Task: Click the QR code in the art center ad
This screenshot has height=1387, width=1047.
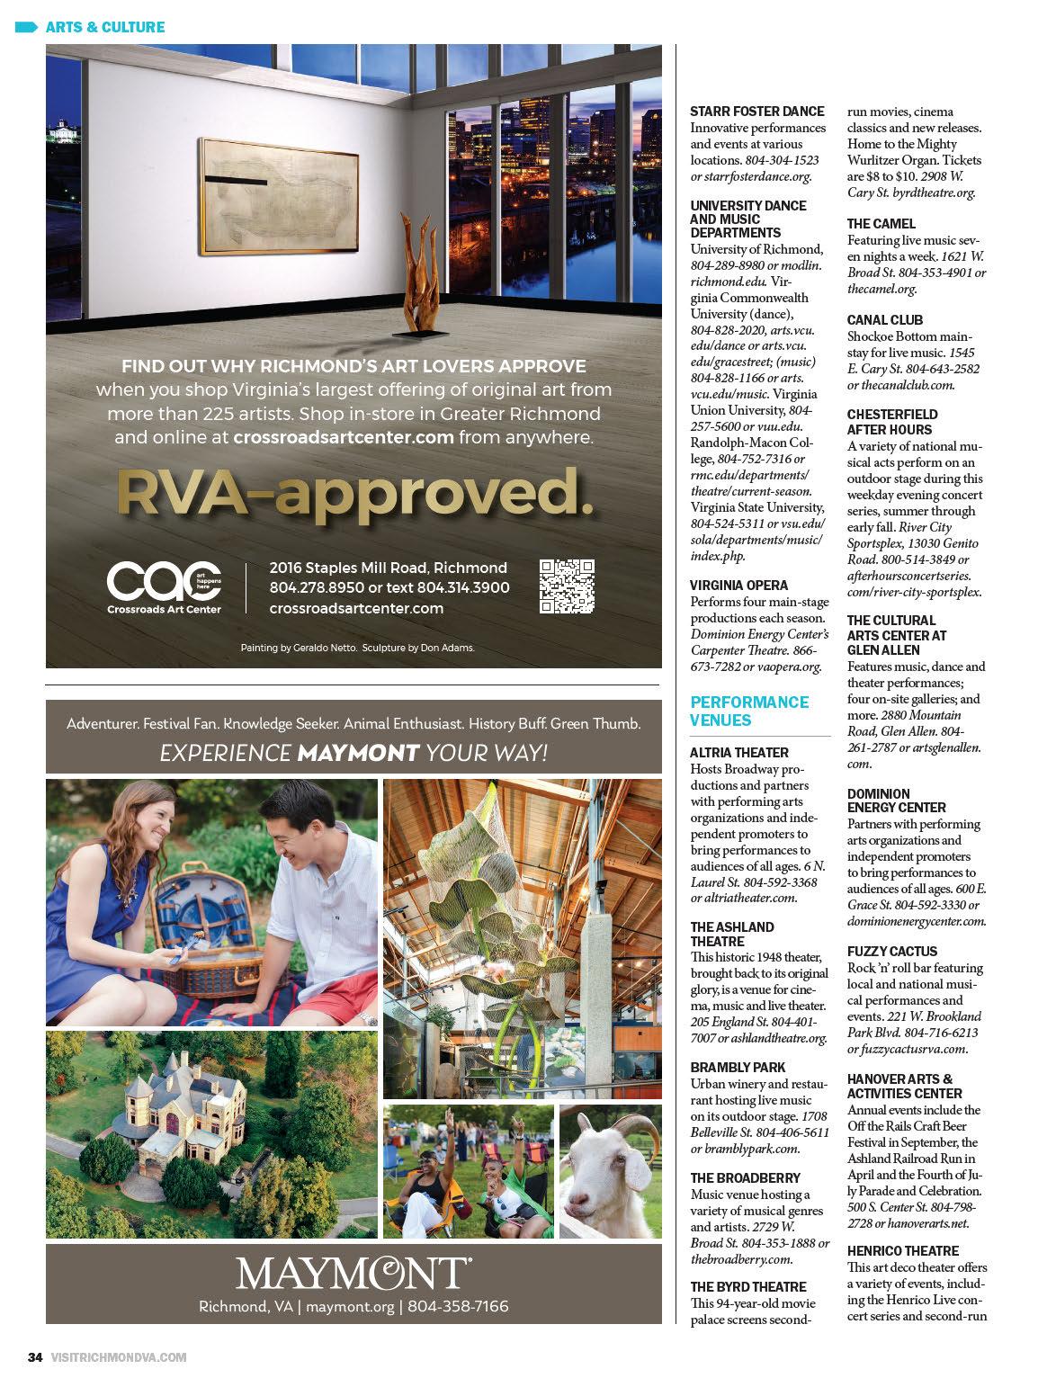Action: [568, 586]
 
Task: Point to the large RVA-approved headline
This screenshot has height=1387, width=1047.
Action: [355, 493]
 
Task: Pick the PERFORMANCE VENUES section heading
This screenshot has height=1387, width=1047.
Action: [749, 711]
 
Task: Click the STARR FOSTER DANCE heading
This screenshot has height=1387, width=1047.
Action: [757, 112]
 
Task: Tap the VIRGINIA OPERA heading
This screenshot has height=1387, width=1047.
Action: [738, 586]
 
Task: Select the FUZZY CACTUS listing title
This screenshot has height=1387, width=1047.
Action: [892, 952]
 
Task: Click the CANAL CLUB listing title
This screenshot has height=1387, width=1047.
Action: [885, 320]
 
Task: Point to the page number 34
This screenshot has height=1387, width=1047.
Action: [35, 1357]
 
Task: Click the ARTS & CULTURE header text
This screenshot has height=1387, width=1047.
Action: [104, 27]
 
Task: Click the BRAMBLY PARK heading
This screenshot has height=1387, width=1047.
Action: [738, 1068]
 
